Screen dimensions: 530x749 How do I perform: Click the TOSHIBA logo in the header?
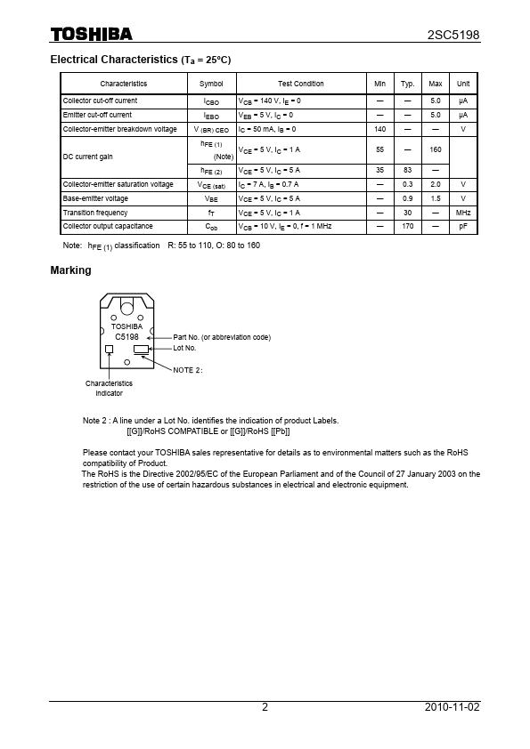[x=91, y=35]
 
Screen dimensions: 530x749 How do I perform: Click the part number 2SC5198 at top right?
[x=454, y=35]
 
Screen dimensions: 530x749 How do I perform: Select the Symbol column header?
[x=211, y=84]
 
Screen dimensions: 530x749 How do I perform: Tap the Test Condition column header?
[x=301, y=84]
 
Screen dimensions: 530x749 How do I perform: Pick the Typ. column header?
[x=408, y=84]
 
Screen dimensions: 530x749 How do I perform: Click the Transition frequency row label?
[x=95, y=213]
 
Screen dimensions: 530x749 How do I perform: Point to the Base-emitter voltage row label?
[x=95, y=198]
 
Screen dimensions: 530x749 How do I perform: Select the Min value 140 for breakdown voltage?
[x=379, y=129]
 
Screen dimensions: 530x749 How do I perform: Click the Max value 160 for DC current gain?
[x=436, y=149]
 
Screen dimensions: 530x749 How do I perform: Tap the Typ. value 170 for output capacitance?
[x=408, y=227]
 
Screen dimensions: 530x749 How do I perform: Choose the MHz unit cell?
[x=463, y=213]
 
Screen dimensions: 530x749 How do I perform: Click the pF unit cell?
[x=463, y=227]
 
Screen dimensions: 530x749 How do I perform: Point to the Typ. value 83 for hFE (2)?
[x=408, y=170]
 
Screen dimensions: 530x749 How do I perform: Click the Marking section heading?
[x=70, y=270]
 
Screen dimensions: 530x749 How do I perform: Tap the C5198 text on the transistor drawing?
[x=126, y=337]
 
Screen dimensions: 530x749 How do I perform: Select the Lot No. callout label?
[x=184, y=348]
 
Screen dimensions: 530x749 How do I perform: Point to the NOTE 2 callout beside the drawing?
[x=188, y=369]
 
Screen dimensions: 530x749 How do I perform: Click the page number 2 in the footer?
[x=265, y=707]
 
